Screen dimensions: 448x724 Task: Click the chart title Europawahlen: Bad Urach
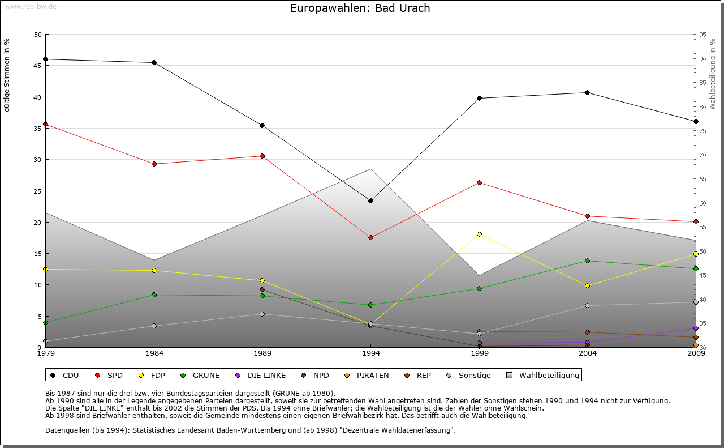(360, 8)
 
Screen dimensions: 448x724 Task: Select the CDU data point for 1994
(370, 200)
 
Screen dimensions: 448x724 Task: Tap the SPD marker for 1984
(154, 164)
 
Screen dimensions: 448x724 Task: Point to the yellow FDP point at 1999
(479, 234)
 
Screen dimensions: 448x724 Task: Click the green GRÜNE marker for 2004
(588, 261)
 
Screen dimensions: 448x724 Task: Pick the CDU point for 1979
(45, 59)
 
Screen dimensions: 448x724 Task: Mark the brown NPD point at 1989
(262, 289)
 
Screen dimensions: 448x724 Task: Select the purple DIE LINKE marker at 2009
(696, 328)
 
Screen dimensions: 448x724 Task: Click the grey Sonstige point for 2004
(588, 305)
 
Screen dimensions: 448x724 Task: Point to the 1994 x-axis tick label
(371, 353)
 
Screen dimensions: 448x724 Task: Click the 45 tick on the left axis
(38, 66)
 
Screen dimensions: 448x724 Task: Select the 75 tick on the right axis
(702, 131)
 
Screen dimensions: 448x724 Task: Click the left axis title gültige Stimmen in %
(7, 75)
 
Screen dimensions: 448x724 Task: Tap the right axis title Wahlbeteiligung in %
(713, 74)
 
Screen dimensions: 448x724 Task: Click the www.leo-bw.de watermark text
(31, 6)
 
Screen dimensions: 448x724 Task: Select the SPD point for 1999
(479, 182)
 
